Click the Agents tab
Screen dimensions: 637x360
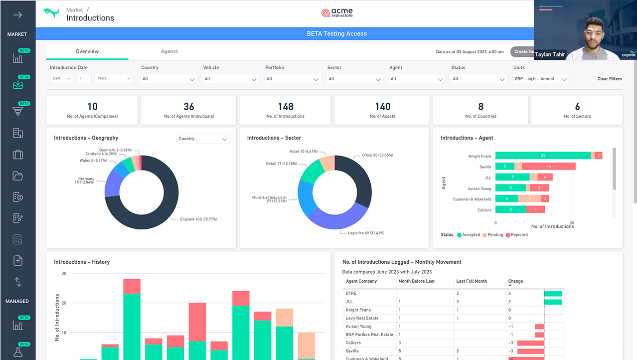pyautogui.click(x=169, y=51)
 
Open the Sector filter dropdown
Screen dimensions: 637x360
pyautogui.click(x=354, y=79)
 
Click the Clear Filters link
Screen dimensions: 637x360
pyautogui.click(x=610, y=79)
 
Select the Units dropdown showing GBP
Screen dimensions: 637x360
pyautogui.click(x=541, y=79)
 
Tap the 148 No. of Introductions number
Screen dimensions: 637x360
pyautogui.click(x=286, y=107)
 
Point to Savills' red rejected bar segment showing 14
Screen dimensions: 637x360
pyautogui.click(x=549, y=166)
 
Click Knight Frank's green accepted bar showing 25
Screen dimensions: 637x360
pyautogui.click(x=543, y=156)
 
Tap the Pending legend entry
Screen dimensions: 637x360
pyautogui.click(x=493, y=235)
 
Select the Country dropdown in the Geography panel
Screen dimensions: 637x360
pyautogui.click(x=203, y=139)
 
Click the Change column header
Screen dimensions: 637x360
pyautogui.click(x=515, y=281)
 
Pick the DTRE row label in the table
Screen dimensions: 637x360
pyautogui.click(x=351, y=293)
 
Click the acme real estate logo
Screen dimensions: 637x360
pyautogui.click(x=337, y=12)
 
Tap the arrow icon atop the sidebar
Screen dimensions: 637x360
pyautogui.click(x=17, y=15)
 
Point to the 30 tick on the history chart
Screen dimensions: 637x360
pyautogui.click(x=64, y=273)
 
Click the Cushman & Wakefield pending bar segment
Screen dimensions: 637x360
pyautogui.click(x=529, y=198)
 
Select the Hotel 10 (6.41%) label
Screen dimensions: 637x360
pyautogui.click(x=304, y=152)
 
